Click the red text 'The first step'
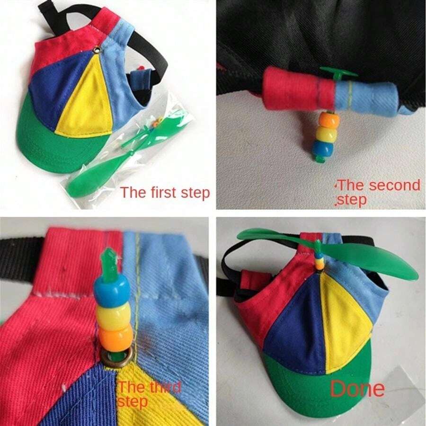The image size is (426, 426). pos(165,193)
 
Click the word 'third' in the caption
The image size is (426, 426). pos(163,387)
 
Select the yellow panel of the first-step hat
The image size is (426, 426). pos(88,99)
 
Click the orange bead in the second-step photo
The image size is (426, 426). pos(327,119)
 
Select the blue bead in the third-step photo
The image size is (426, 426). pos(112,288)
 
